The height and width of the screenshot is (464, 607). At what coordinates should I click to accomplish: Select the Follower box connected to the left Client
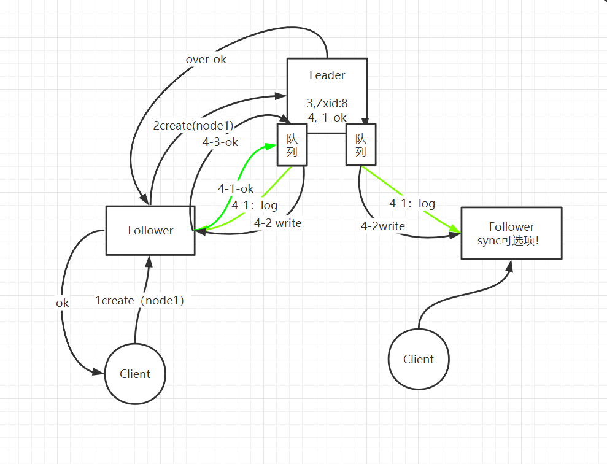pos(150,230)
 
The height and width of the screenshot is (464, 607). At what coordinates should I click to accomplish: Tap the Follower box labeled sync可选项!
pos(511,233)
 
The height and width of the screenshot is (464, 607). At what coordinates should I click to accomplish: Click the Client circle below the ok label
pos(135,374)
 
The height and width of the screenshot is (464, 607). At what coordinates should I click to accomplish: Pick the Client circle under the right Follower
pos(419,359)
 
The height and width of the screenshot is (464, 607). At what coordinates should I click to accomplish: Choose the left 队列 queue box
pos(292,145)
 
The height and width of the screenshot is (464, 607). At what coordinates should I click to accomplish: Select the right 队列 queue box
pos(361,145)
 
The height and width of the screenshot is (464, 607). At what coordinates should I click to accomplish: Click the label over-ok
pos(206,60)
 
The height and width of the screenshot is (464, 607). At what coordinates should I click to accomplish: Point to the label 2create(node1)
pos(193,126)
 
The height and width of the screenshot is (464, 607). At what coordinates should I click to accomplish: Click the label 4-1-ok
pos(235,188)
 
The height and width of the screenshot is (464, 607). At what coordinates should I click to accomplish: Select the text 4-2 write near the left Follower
pos(277,223)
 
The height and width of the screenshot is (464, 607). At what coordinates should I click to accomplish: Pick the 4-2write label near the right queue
pos(382,226)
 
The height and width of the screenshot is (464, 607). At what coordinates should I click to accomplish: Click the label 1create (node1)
pos(139,301)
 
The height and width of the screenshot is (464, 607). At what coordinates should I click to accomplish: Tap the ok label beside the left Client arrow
pos(63,303)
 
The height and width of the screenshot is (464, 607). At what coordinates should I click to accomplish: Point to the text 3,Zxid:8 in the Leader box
pos(327,104)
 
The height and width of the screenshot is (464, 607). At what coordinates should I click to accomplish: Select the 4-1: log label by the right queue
pos(412,203)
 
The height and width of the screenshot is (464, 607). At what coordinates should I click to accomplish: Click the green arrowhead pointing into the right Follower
pos(455,230)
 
